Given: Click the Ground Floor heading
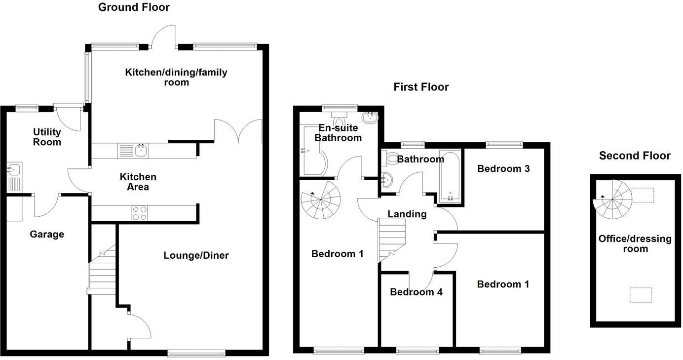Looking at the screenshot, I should [x=134, y=7].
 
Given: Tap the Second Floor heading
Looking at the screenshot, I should [x=635, y=156].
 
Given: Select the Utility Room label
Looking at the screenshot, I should [x=47, y=137].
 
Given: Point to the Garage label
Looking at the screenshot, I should [x=47, y=235].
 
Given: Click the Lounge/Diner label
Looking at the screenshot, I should [x=196, y=255].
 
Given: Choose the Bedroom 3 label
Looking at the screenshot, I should [x=503, y=169].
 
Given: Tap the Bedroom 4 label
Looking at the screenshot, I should [x=416, y=292].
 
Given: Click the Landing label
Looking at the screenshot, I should [x=407, y=214].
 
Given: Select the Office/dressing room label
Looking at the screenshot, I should [x=635, y=244].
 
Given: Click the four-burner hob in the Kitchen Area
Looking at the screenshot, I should [x=140, y=213].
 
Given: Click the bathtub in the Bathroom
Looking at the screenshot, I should [x=449, y=176].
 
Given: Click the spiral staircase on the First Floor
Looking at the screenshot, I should [x=321, y=200].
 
